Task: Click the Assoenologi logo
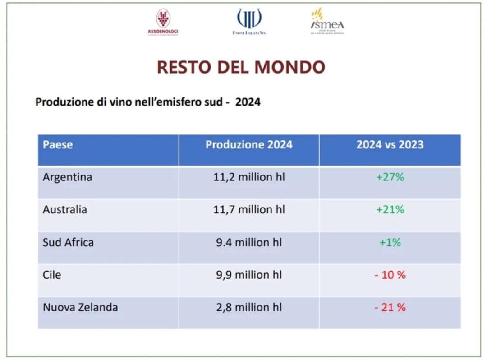click(x=163, y=22)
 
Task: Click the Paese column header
click(x=58, y=145)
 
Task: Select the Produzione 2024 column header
click(x=249, y=145)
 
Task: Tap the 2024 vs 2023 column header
click(x=390, y=145)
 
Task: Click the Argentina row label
click(x=67, y=177)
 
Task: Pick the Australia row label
click(x=65, y=210)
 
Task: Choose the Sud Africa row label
click(x=68, y=242)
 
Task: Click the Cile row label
click(x=52, y=275)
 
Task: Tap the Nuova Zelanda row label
click(x=80, y=308)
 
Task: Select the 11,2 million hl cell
click(x=249, y=177)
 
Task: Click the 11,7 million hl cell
click(x=249, y=210)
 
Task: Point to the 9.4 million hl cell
click(x=249, y=242)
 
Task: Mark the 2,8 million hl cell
click(x=249, y=308)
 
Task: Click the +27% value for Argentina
click(x=390, y=177)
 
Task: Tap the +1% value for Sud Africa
click(x=390, y=242)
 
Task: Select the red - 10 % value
click(x=390, y=275)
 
